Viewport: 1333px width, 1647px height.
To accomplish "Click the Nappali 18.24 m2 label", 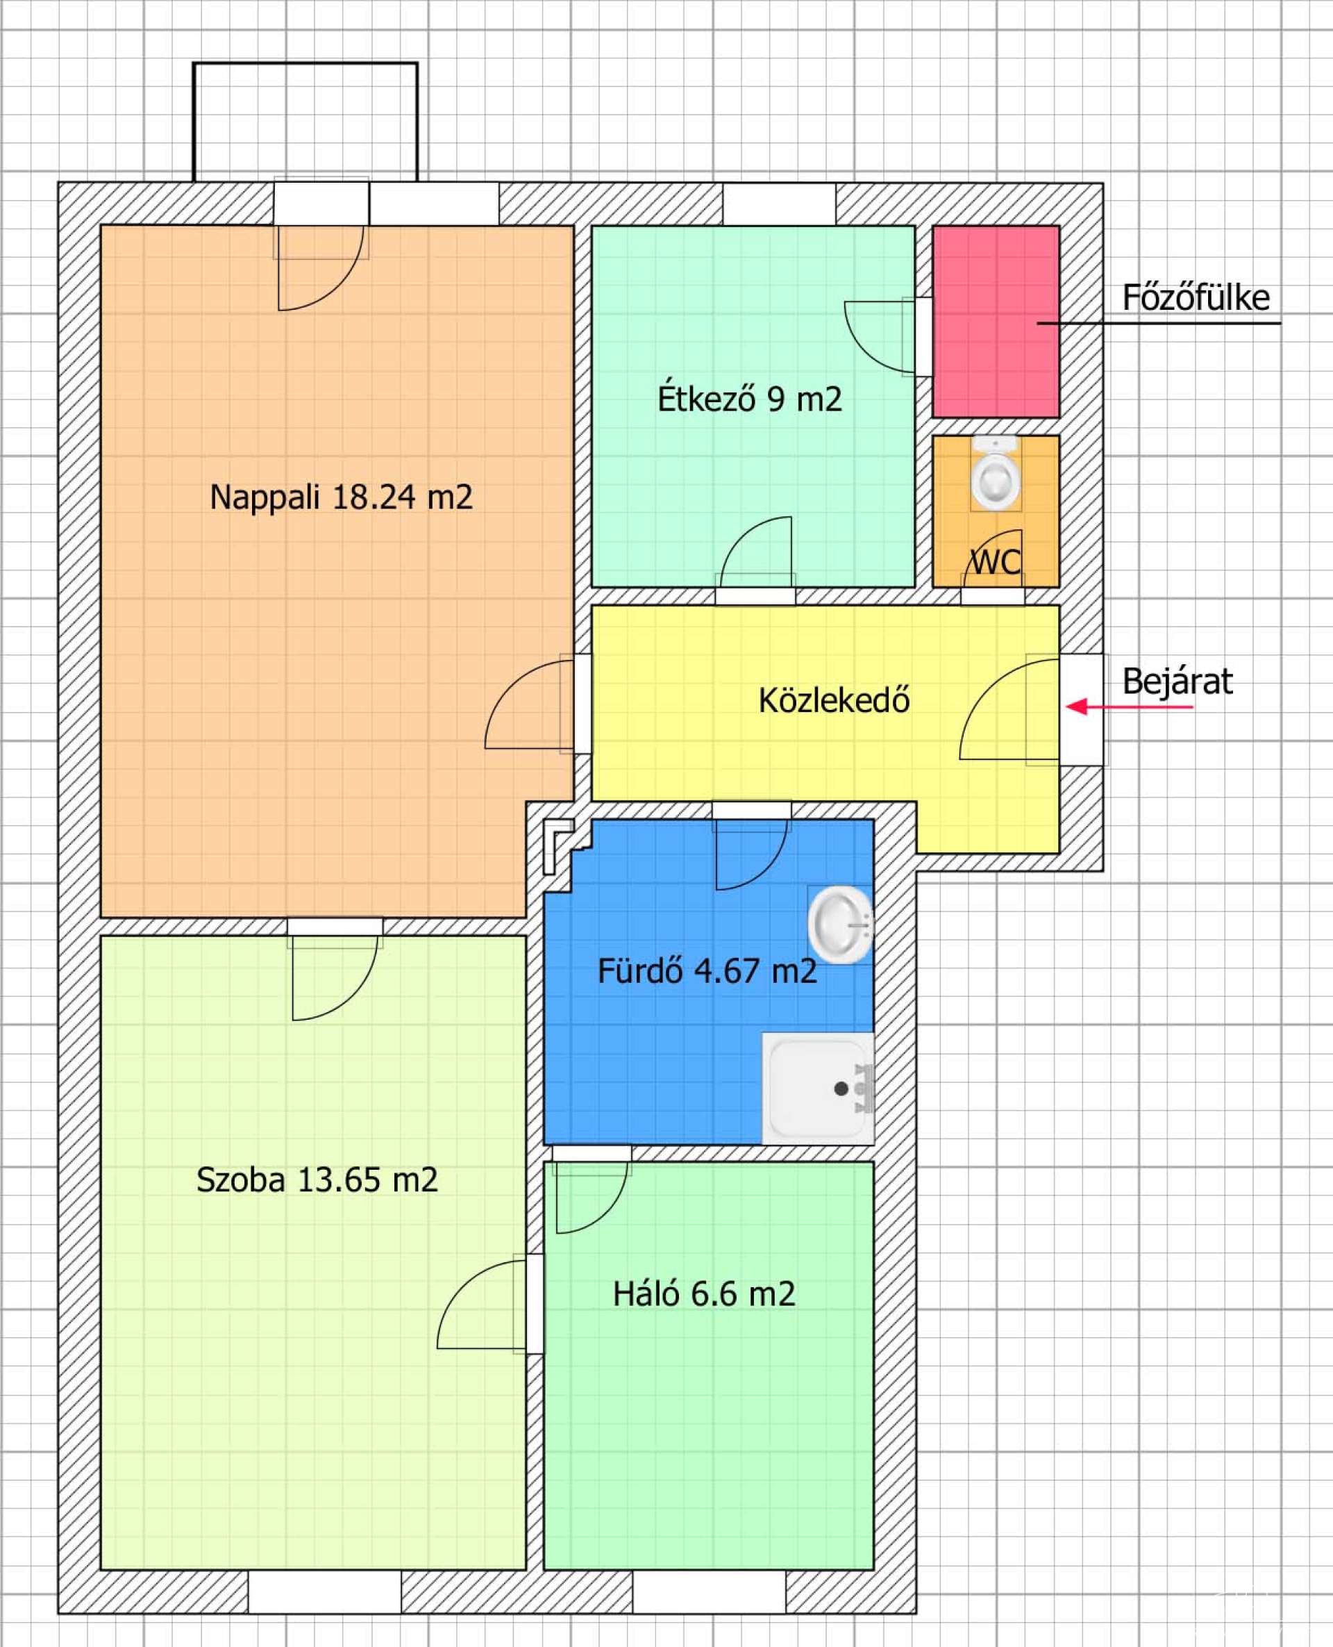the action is coord(341,497).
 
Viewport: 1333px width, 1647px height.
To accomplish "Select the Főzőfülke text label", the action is coord(1196,297).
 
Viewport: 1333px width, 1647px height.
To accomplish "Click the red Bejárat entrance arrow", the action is coord(1129,706).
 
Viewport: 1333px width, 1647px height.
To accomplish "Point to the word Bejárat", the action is coord(1177,681).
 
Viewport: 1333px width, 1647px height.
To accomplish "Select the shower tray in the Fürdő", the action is coord(818,1089).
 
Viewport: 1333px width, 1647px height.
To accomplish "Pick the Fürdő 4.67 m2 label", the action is coord(707,971).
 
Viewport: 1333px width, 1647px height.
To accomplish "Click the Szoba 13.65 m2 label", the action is coord(317,1180).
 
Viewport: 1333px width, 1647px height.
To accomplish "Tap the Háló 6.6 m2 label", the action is coord(703,1294).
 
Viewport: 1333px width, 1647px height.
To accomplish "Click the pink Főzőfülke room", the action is coord(996,321).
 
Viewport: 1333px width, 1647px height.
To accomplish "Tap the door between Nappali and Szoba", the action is coord(335,970).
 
